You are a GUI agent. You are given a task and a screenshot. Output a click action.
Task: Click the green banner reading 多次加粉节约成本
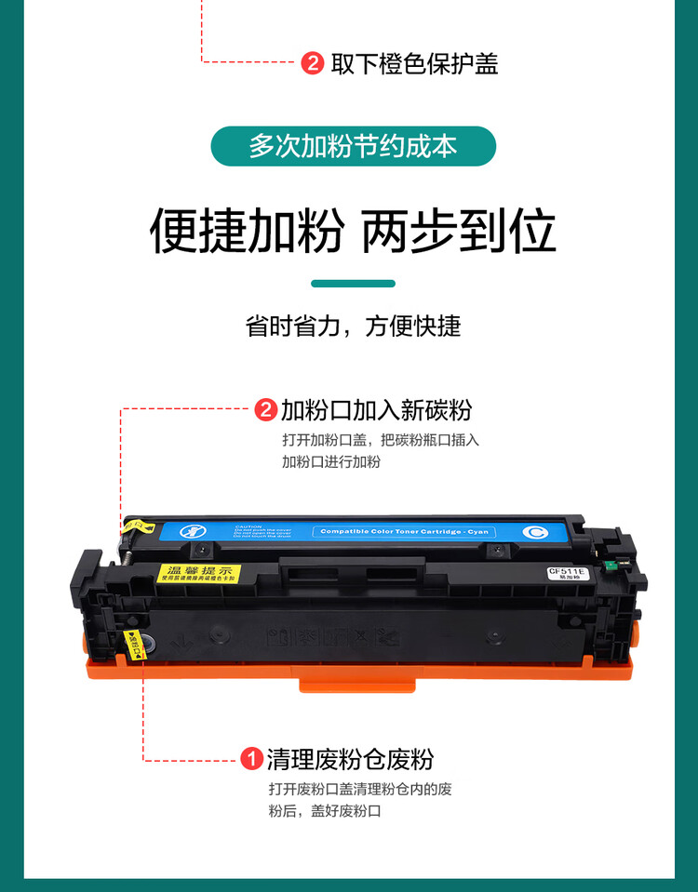tap(353, 146)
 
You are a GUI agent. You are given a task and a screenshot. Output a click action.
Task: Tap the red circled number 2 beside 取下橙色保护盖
tap(313, 63)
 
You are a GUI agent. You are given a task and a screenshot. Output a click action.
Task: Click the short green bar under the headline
tap(353, 283)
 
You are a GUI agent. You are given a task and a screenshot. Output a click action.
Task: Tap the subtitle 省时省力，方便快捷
tap(353, 326)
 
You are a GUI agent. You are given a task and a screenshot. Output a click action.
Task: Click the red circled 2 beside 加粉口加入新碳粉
tap(266, 409)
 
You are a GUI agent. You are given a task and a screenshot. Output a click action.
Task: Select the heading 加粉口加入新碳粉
tap(376, 409)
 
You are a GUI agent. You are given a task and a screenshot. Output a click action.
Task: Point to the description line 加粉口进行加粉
tap(331, 461)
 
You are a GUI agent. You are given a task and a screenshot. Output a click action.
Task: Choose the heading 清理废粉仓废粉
tap(350, 760)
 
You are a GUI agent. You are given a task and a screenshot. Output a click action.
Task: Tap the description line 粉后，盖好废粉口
tap(325, 811)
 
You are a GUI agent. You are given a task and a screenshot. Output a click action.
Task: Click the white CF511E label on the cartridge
tap(565, 573)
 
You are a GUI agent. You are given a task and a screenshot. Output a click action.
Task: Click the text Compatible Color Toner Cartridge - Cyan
tap(405, 532)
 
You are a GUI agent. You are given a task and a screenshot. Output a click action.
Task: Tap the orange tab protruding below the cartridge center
tap(357, 684)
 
